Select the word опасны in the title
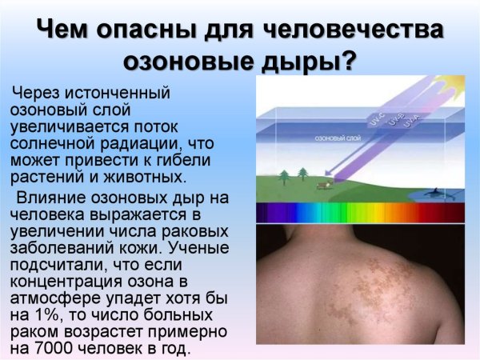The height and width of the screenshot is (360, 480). click(142, 30)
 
